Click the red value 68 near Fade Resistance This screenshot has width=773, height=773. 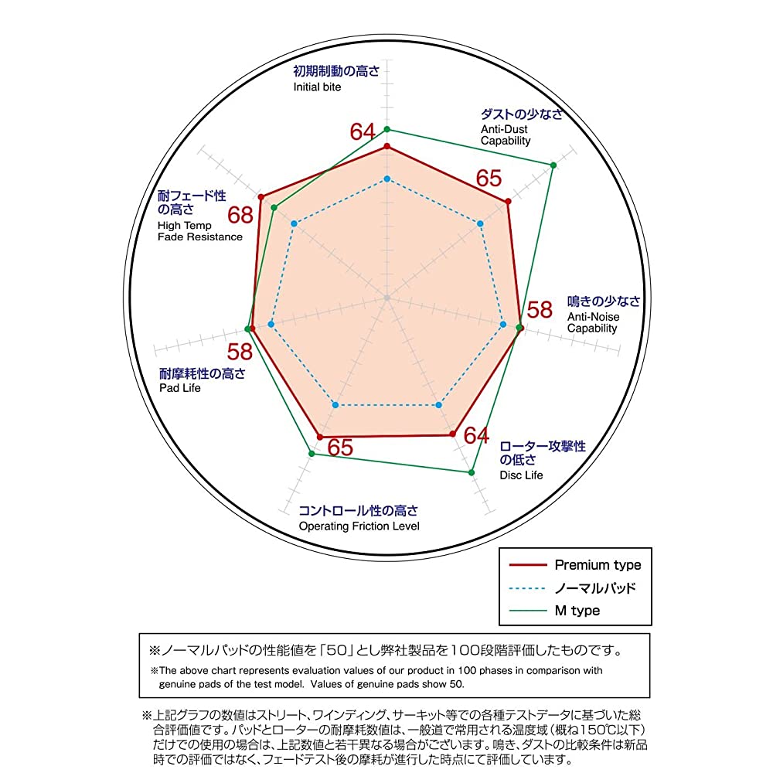240,216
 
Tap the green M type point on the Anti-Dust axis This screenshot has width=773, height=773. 553,165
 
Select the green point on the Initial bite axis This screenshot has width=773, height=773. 387,130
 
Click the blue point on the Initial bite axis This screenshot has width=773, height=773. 387,179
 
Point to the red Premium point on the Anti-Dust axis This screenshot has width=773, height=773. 509,201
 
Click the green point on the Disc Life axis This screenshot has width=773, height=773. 472,473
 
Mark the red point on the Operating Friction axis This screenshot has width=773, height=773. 320,438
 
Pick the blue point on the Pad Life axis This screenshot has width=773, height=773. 271,324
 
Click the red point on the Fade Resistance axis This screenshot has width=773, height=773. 261,197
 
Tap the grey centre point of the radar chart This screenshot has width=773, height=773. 387,298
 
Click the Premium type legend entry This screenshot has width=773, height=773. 575,564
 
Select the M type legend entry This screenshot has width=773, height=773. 554,611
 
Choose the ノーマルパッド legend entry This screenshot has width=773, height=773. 572,587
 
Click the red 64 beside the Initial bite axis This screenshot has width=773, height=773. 363,131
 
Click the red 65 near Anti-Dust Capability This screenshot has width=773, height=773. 489,179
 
